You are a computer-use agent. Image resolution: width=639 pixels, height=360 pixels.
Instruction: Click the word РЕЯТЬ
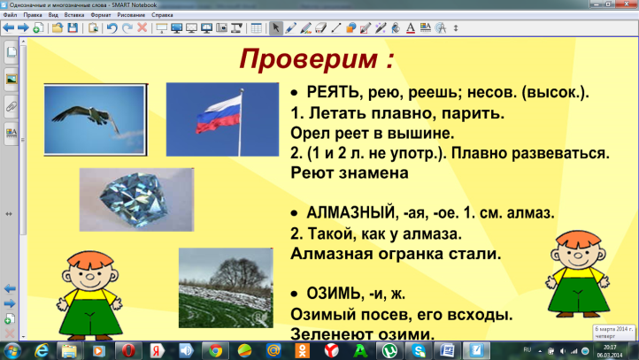click(x=332, y=93)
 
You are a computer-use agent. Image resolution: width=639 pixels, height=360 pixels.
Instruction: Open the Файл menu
click(x=11, y=16)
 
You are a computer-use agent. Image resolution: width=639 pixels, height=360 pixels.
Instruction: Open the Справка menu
click(x=162, y=16)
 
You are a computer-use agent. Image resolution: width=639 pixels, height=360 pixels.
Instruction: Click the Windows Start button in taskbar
click(x=12, y=350)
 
